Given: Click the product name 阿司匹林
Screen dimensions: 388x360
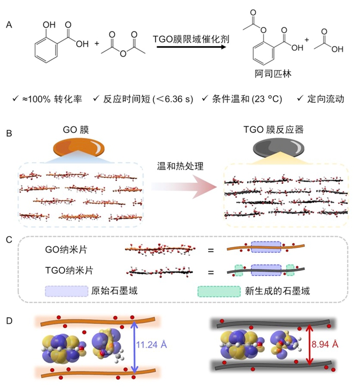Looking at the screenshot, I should [x=273, y=73].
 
